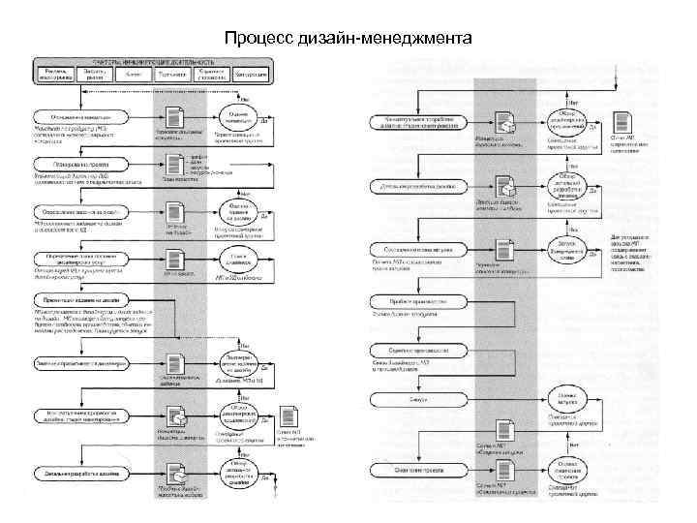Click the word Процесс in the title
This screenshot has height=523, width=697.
[255, 40]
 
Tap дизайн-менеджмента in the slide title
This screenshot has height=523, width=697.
[381, 40]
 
